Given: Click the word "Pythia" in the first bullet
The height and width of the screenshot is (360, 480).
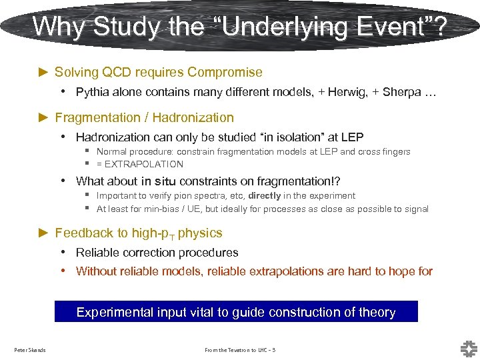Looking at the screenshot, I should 93,92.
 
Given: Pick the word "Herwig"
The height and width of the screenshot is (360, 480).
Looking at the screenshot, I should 345,92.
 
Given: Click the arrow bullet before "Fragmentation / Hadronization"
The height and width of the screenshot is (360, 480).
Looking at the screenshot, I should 44,117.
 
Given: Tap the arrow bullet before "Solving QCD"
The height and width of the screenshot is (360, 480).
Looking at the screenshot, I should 44,72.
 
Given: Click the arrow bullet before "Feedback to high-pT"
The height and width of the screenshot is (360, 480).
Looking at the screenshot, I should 44,233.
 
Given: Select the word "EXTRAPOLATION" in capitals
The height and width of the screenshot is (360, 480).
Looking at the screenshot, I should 144,164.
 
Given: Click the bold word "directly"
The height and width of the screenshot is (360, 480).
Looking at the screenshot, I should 265,195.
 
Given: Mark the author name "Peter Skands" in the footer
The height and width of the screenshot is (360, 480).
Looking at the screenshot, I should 30,350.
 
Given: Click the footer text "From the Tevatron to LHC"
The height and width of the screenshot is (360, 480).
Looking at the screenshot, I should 236,350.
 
